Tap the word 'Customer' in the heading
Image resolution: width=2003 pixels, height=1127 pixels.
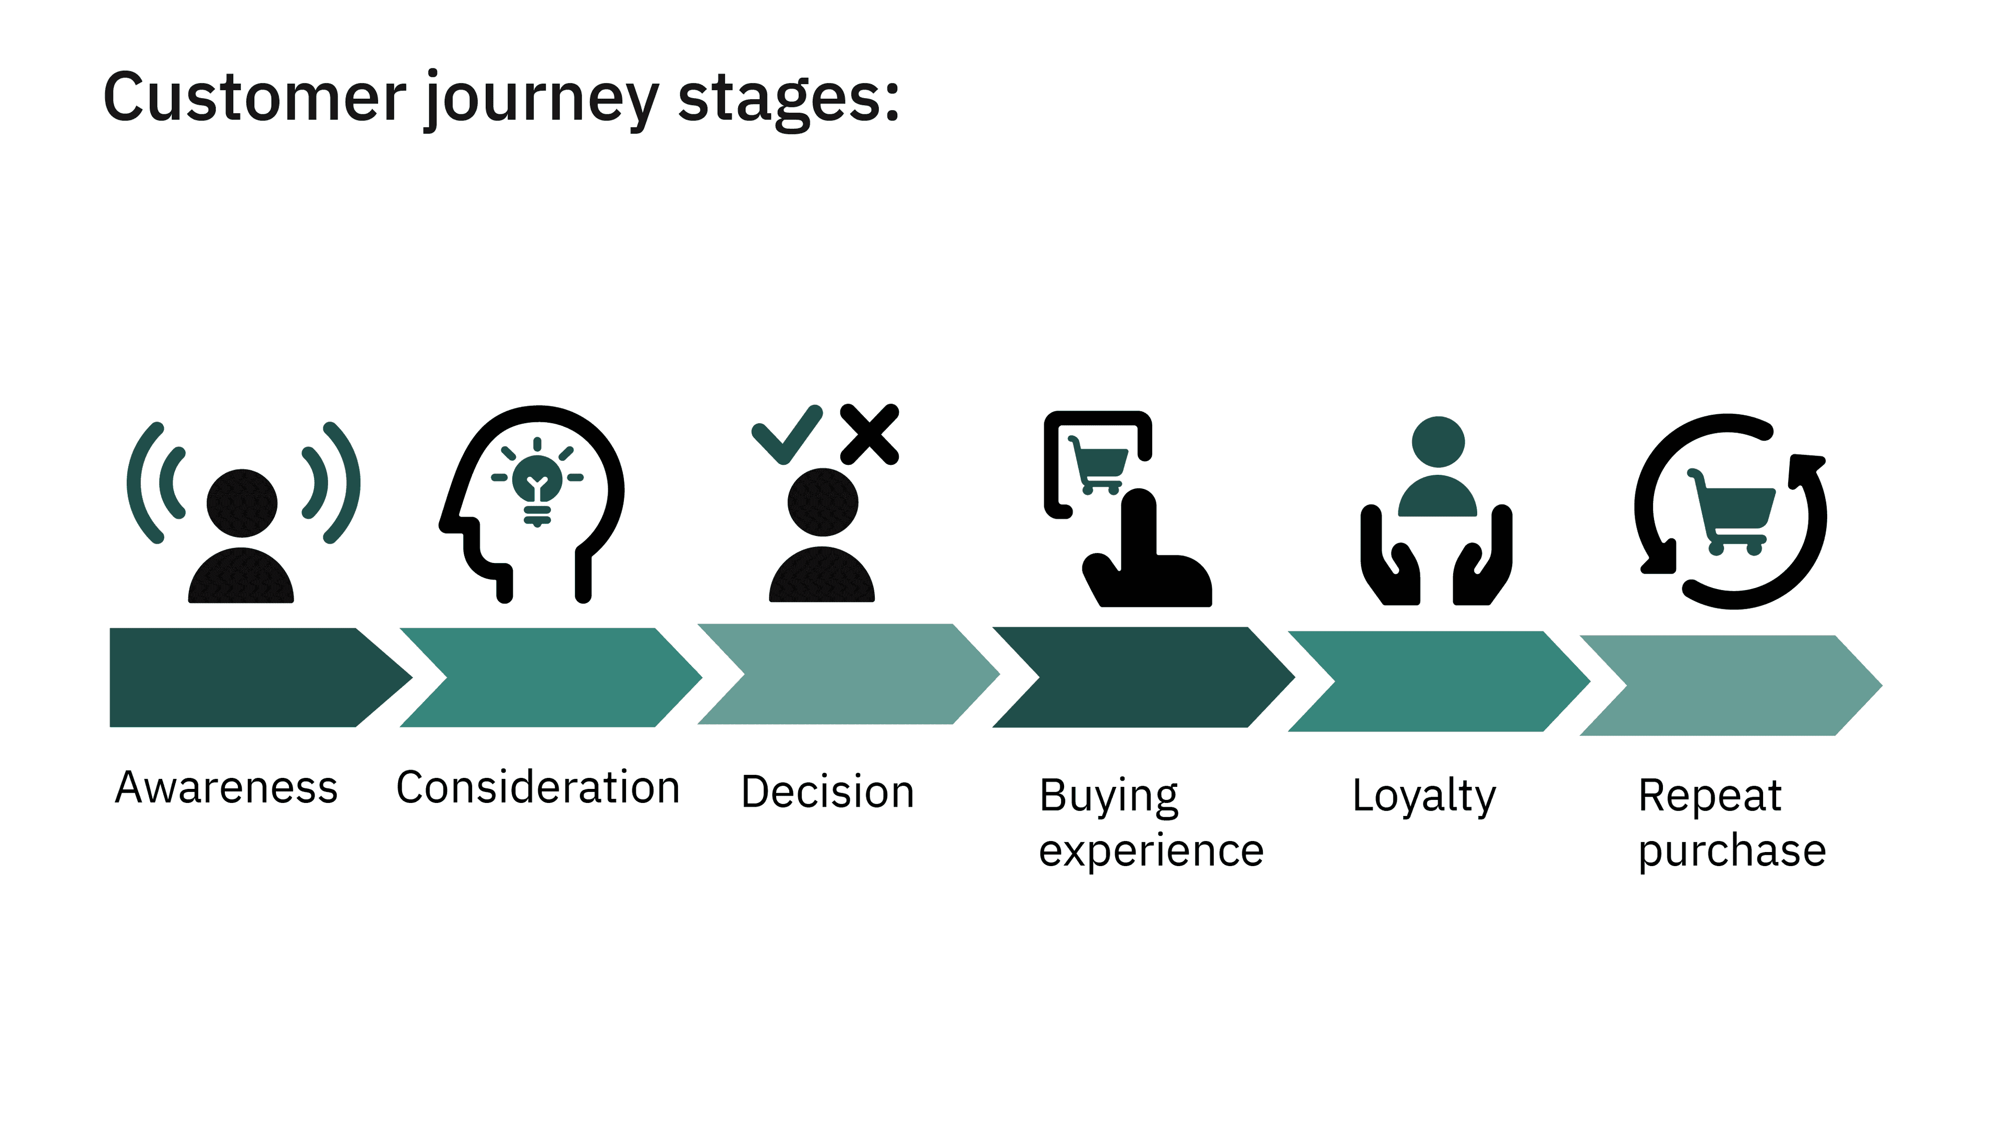254,97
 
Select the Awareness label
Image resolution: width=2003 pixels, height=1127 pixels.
226,787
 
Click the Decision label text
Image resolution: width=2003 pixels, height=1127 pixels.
827,792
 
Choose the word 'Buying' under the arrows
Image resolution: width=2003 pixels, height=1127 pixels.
1109,796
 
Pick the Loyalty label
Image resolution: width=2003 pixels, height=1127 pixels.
1423,796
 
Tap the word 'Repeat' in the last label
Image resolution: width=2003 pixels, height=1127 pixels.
1710,796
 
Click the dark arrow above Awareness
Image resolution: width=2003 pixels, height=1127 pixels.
249,677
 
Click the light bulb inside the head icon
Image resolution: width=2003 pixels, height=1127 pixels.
537,482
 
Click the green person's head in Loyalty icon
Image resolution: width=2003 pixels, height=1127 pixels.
1438,442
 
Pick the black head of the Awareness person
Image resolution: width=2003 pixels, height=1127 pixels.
242,503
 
